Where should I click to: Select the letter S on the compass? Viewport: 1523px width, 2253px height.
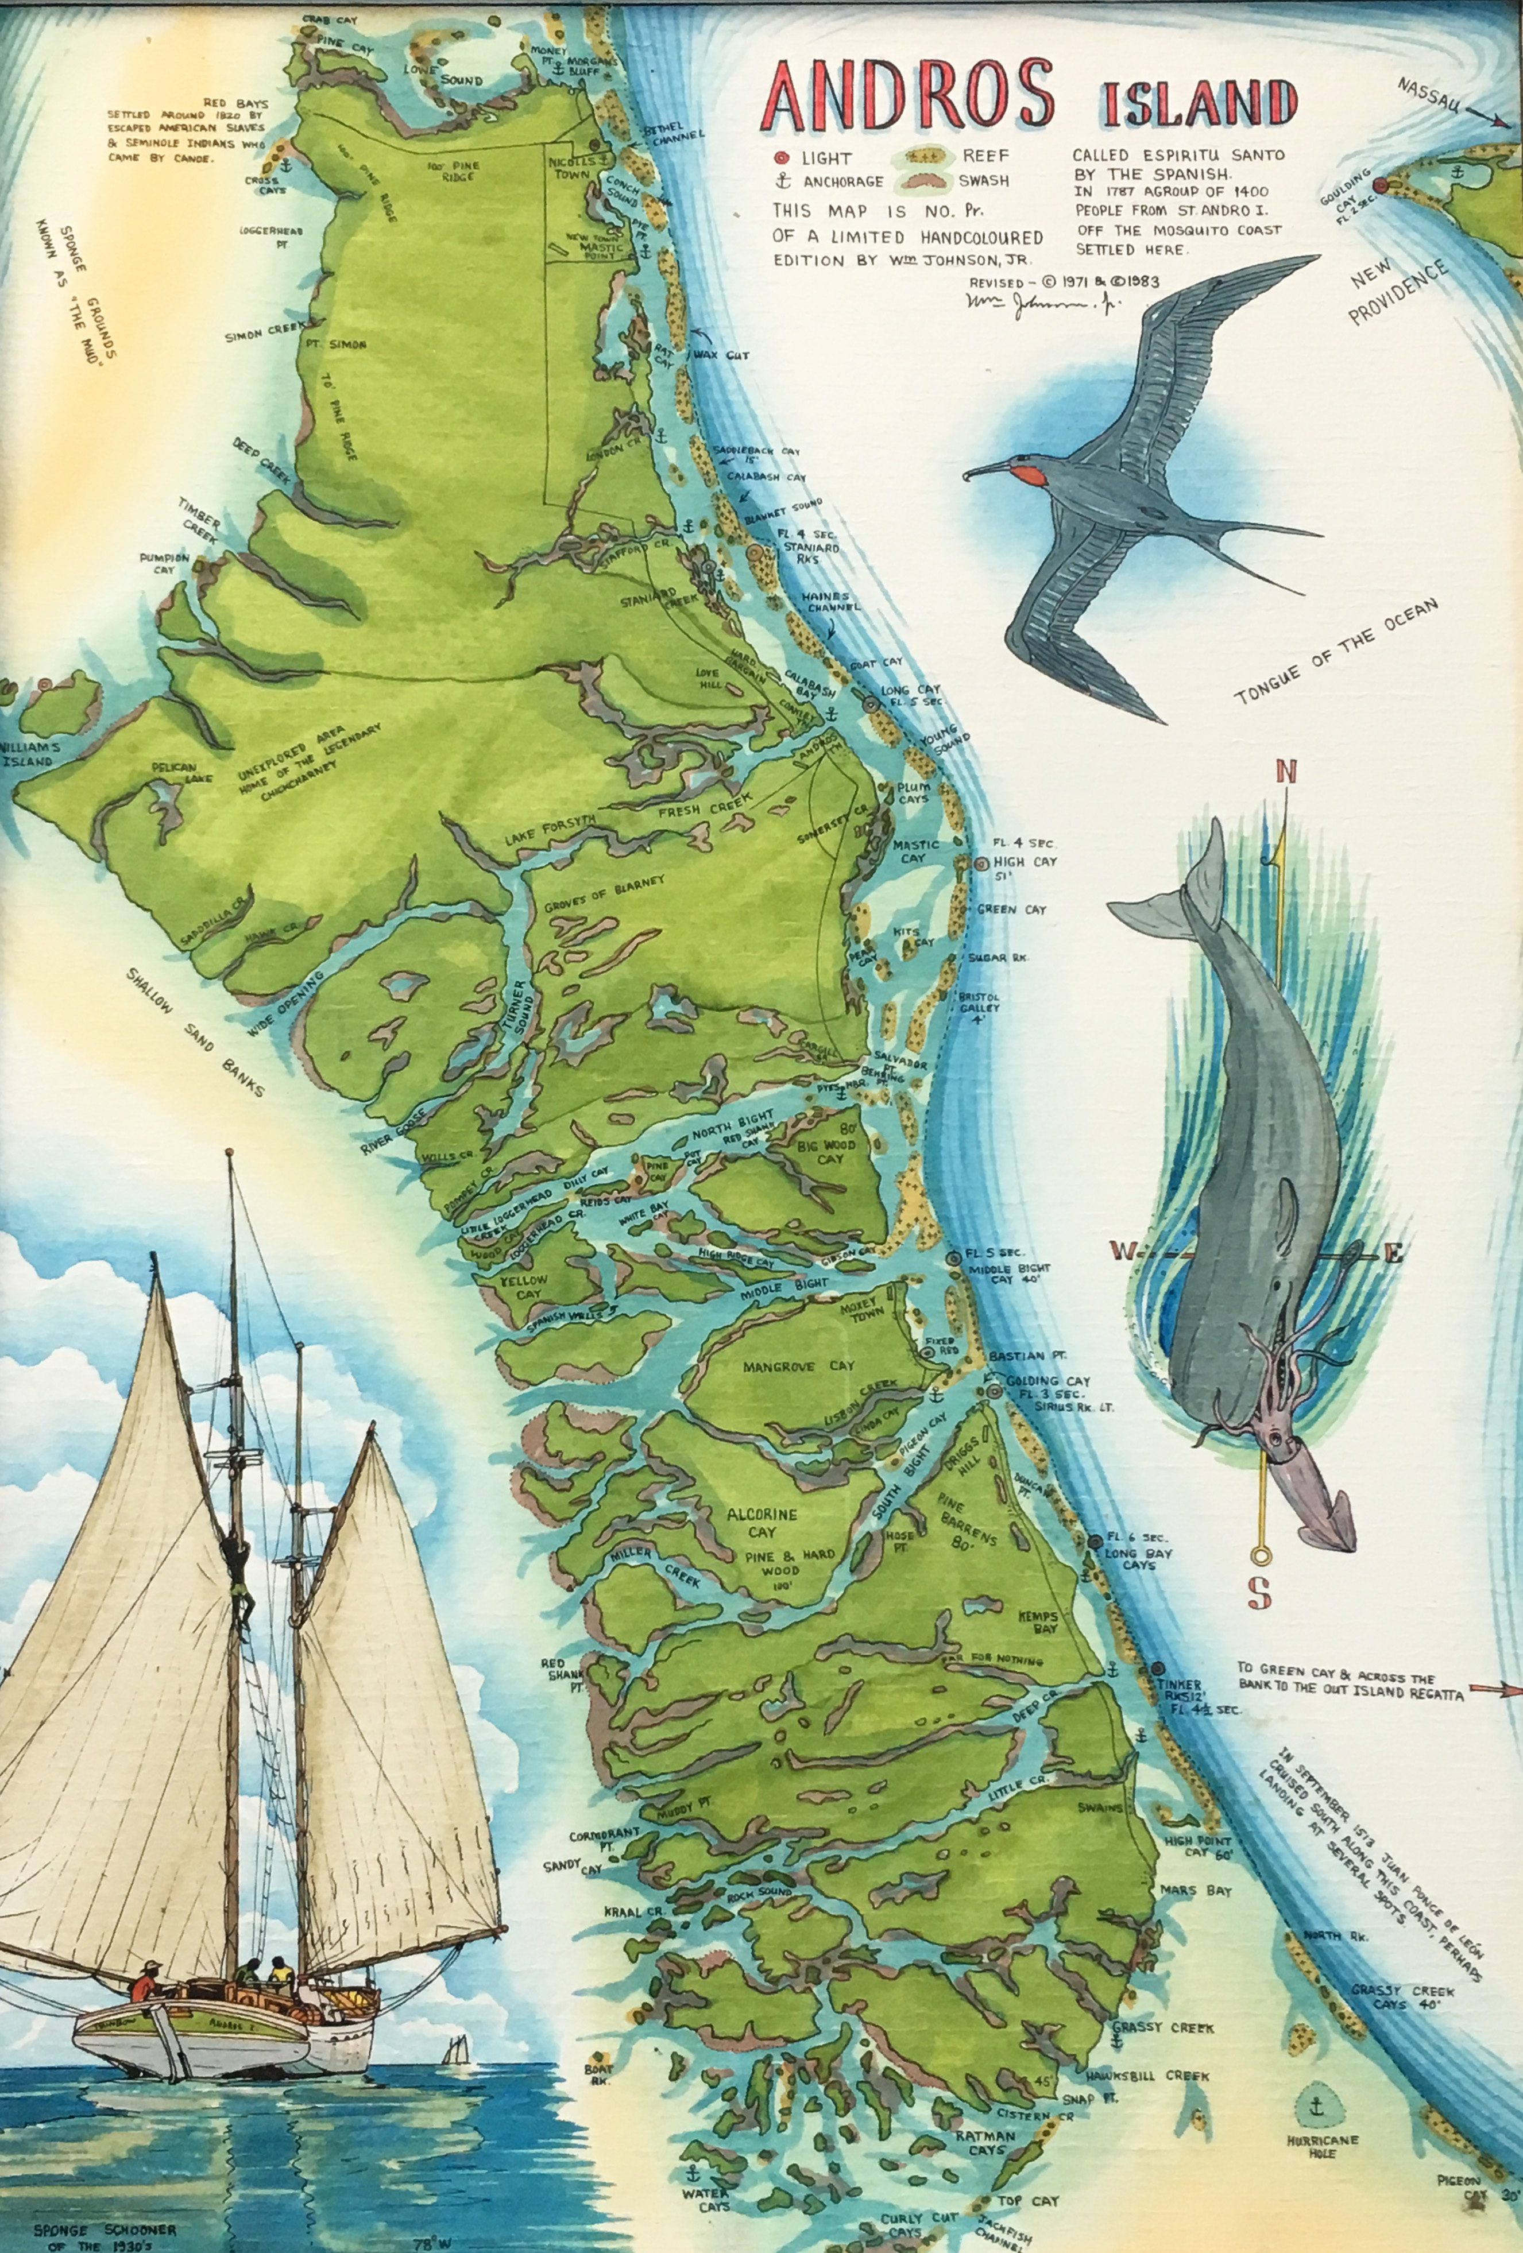click(1259, 1593)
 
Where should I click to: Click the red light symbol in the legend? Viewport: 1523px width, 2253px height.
click(780, 158)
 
